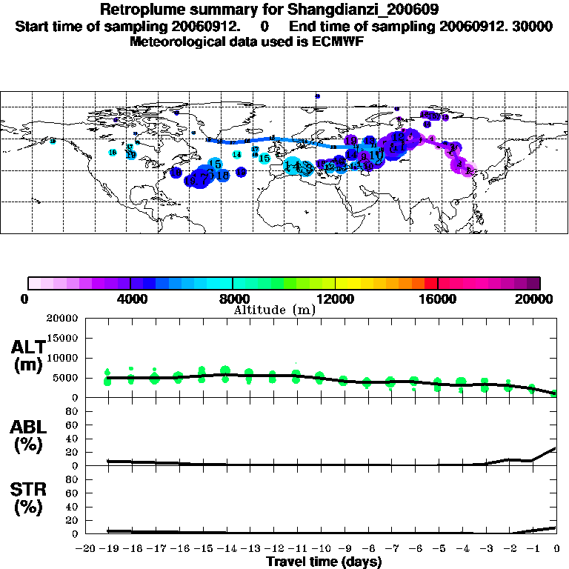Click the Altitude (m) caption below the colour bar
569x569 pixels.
pyautogui.click(x=274, y=310)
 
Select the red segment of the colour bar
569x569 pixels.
pyautogui.click(x=430, y=282)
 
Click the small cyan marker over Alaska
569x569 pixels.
pyautogui.click(x=53, y=141)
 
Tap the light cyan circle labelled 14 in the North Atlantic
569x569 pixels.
pyautogui.click(x=236, y=154)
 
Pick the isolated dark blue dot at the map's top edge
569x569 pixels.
pyautogui.click(x=317, y=96)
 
